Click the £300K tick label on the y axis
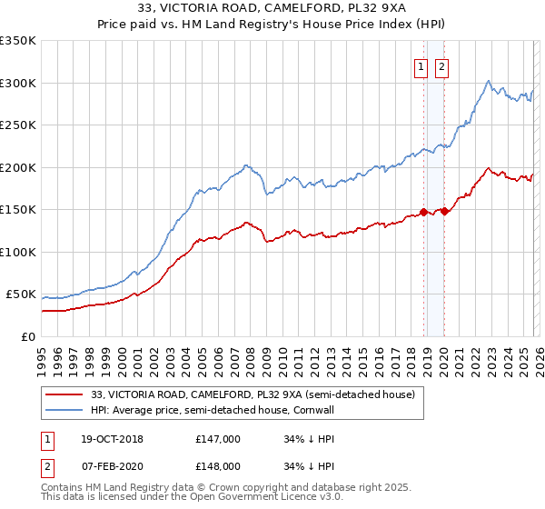pos(18,83)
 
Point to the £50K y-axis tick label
pos(21,294)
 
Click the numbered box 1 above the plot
pos(421,66)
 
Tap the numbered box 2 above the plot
pos(441,66)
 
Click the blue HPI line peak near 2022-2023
pos(489,80)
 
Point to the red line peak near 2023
pos(489,168)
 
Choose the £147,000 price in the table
pos(217,439)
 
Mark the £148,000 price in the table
pos(217,465)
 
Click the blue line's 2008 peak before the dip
pos(247,165)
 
